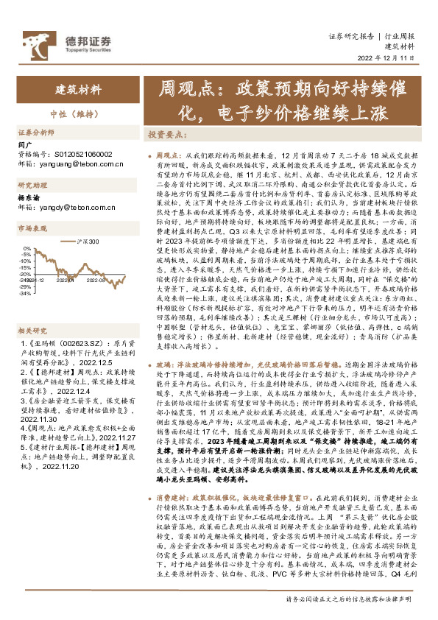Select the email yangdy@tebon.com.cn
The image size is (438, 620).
[74, 208]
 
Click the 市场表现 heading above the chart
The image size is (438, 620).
[32, 229]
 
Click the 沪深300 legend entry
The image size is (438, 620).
[85, 242]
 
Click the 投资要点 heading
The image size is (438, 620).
[169, 135]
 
